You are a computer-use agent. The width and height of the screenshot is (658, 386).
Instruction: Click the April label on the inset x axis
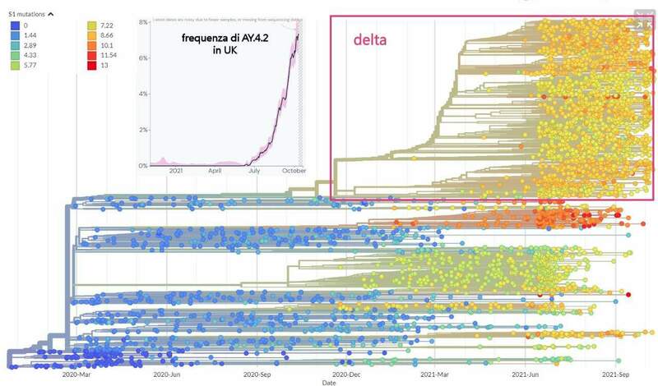click(x=215, y=172)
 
